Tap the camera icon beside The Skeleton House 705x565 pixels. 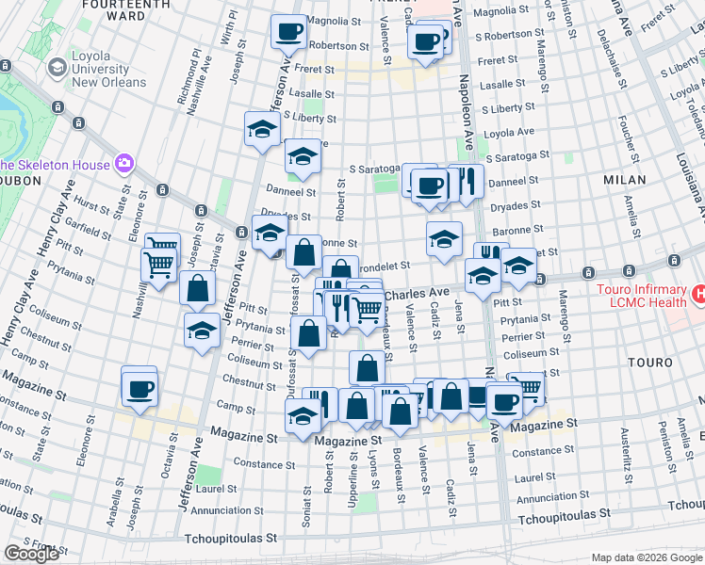pyautogui.click(x=123, y=165)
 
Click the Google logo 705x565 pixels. pyautogui.click(x=31, y=553)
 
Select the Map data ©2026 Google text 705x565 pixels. pyautogui.click(x=646, y=556)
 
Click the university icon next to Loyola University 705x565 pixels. pyautogui.click(x=57, y=68)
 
